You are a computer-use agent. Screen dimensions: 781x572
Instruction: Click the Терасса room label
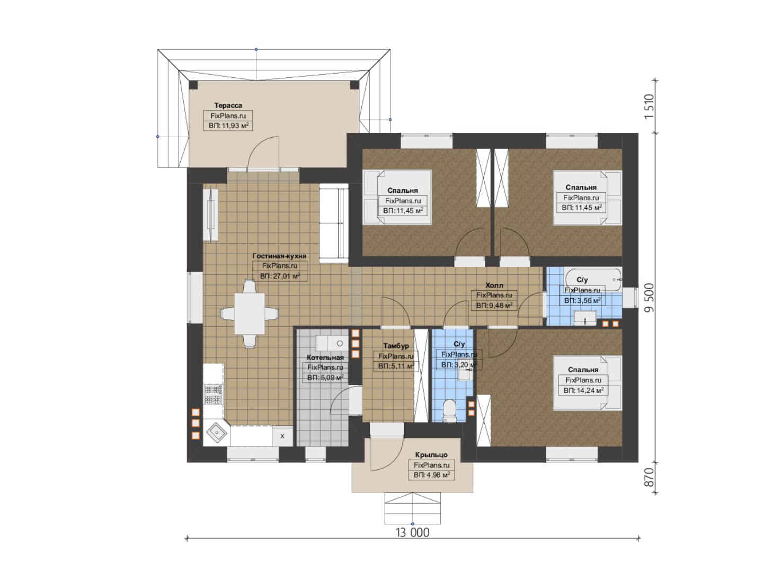pyautogui.click(x=228, y=105)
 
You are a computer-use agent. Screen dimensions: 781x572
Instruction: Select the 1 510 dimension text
pyautogui.click(x=649, y=106)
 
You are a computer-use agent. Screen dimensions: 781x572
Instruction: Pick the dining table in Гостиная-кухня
pyautogui.click(x=249, y=314)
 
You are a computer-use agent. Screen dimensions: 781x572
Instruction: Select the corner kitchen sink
pyautogui.click(x=217, y=433)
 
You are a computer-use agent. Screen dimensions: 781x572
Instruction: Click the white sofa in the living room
pyautogui.click(x=334, y=223)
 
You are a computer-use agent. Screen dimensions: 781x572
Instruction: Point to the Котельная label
pyautogui.click(x=325, y=358)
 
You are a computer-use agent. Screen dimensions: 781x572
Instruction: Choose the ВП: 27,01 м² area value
pyautogui.click(x=280, y=276)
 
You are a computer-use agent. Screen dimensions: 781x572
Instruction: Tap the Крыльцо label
pyautogui.click(x=431, y=454)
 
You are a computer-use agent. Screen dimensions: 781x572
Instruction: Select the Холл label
pyautogui.click(x=494, y=285)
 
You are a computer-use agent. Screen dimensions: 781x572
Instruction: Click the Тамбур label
pyautogui.click(x=396, y=346)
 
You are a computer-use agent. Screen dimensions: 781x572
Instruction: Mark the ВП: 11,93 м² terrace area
pyautogui.click(x=228, y=126)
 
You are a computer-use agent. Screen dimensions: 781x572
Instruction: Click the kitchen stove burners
pyautogui.click(x=214, y=394)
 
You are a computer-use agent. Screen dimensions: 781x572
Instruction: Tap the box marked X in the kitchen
pyautogui.click(x=282, y=436)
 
